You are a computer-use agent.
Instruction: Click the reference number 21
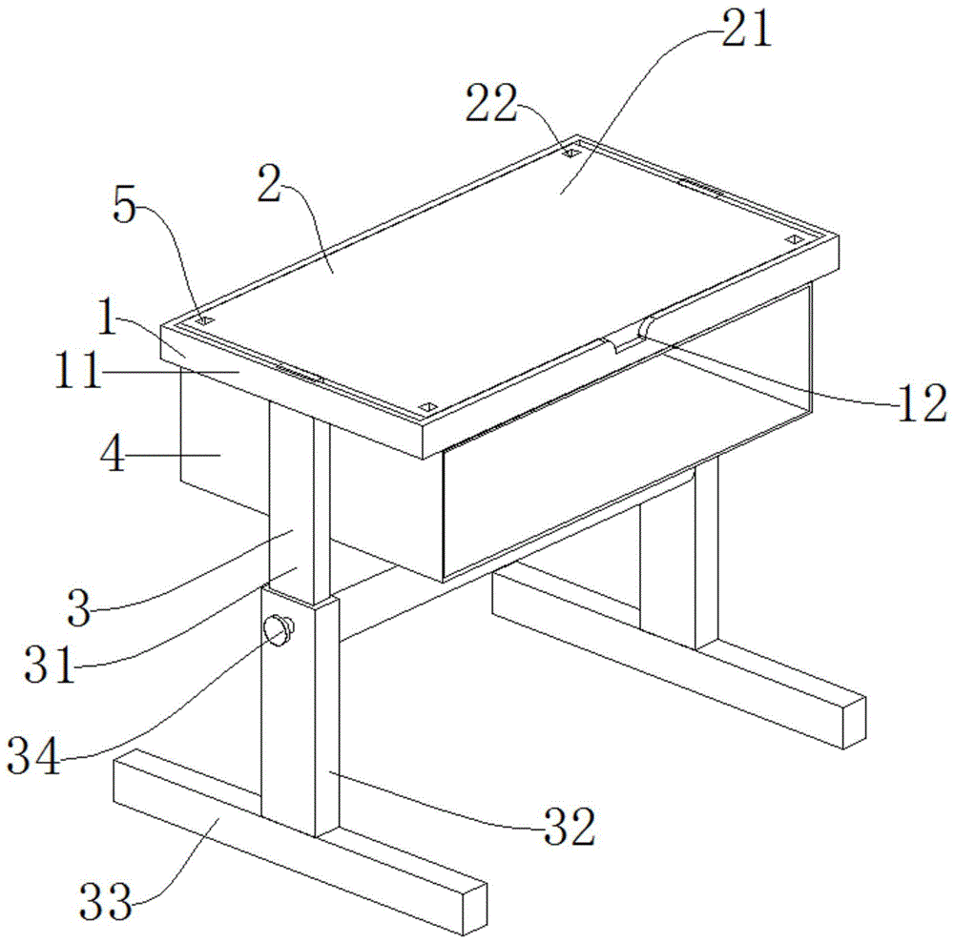tap(747, 29)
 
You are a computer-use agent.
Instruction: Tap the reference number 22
tap(491, 103)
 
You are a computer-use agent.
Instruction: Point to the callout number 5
tap(125, 206)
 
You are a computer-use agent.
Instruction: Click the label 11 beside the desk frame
tap(78, 372)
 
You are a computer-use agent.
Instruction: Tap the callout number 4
tap(114, 454)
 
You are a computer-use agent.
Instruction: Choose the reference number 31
tap(50, 665)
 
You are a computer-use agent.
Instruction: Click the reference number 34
tap(34, 755)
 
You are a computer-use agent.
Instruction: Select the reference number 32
tap(570, 827)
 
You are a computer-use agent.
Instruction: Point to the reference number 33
tap(106, 902)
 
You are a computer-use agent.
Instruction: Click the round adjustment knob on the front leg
tap(279, 630)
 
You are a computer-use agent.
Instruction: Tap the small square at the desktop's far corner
tap(570, 154)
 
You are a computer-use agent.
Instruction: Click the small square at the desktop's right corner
tap(793, 239)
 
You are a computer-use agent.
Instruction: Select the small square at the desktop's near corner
tap(429, 407)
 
